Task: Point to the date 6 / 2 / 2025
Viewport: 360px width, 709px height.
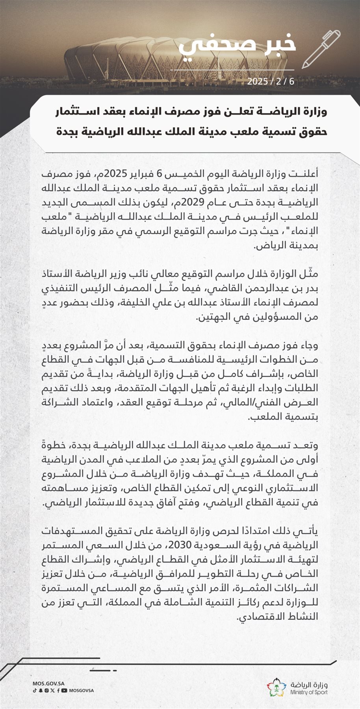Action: pos(271,82)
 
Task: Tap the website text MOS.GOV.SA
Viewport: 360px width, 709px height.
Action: pos(48,683)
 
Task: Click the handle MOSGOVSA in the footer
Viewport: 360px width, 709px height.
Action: pos(82,690)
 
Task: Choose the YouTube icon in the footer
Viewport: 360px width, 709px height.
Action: pos(64,690)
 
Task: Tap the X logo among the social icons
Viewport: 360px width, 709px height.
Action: pos(53,690)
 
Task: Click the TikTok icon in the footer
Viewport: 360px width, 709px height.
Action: pos(35,690)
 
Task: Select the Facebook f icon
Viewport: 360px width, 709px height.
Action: pos(58,690)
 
